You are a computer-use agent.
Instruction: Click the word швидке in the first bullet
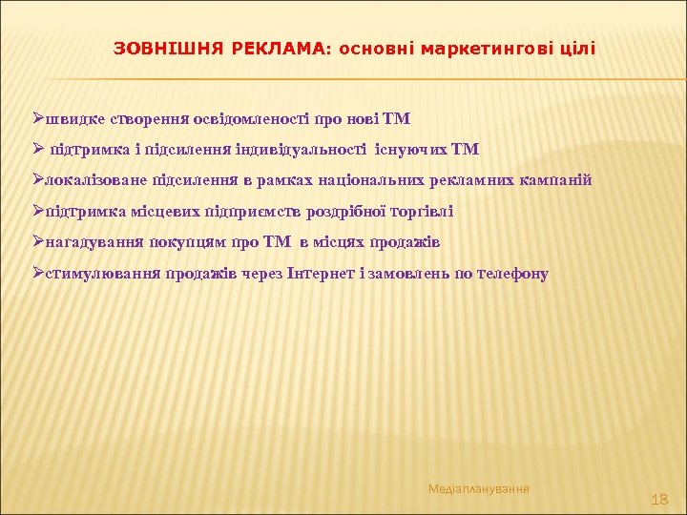[x=74, y=119]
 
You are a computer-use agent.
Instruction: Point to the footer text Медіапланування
[x=479, y=488]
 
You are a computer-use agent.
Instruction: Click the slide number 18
[x=658, y=499]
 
